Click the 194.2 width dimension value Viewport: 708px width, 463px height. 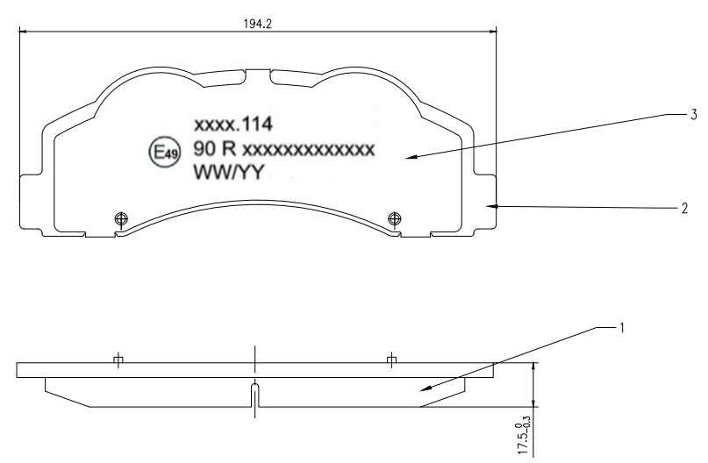(x=258, y=24)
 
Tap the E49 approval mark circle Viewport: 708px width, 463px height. (x=165, y=153)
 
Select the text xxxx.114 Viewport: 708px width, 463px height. (x=233, y=125)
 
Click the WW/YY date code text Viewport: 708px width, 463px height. (x=228, y=172)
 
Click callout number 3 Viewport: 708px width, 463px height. (x=694, y=115)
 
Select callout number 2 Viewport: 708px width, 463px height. (x=684, y=208)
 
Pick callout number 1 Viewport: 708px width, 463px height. (x=622, y=328)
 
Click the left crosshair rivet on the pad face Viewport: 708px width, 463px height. (x=121, y=219)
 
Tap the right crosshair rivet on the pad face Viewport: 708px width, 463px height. (x=395, y=219)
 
